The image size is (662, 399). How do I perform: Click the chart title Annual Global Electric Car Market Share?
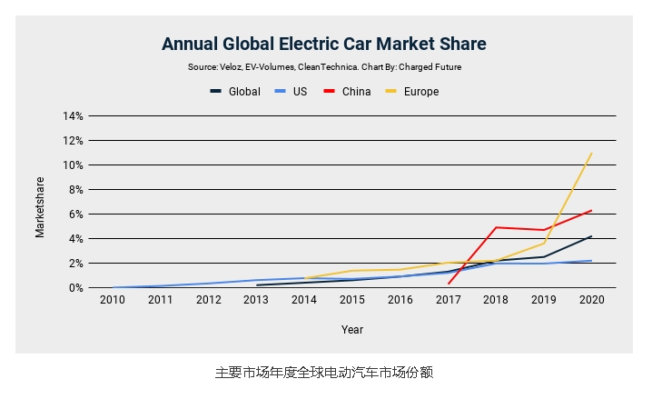click(323, 44)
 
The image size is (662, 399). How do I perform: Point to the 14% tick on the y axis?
click(73, 116)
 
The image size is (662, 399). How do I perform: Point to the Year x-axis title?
click(352, 330)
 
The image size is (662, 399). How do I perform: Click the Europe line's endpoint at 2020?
click(592, 153)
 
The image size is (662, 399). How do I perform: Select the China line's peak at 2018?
click(496, 227)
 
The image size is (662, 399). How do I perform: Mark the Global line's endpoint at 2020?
click(592, 236)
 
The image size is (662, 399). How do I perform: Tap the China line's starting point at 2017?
click(449, 284)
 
